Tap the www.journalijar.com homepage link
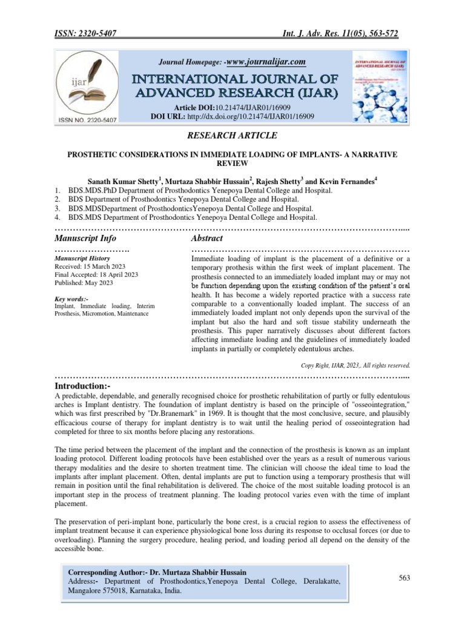[266, 62]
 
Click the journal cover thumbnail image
[380, 86]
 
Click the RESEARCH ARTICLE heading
[232, 135]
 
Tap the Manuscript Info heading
[85, 239]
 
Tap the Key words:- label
[71, 299]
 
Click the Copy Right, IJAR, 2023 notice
[355, 366]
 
